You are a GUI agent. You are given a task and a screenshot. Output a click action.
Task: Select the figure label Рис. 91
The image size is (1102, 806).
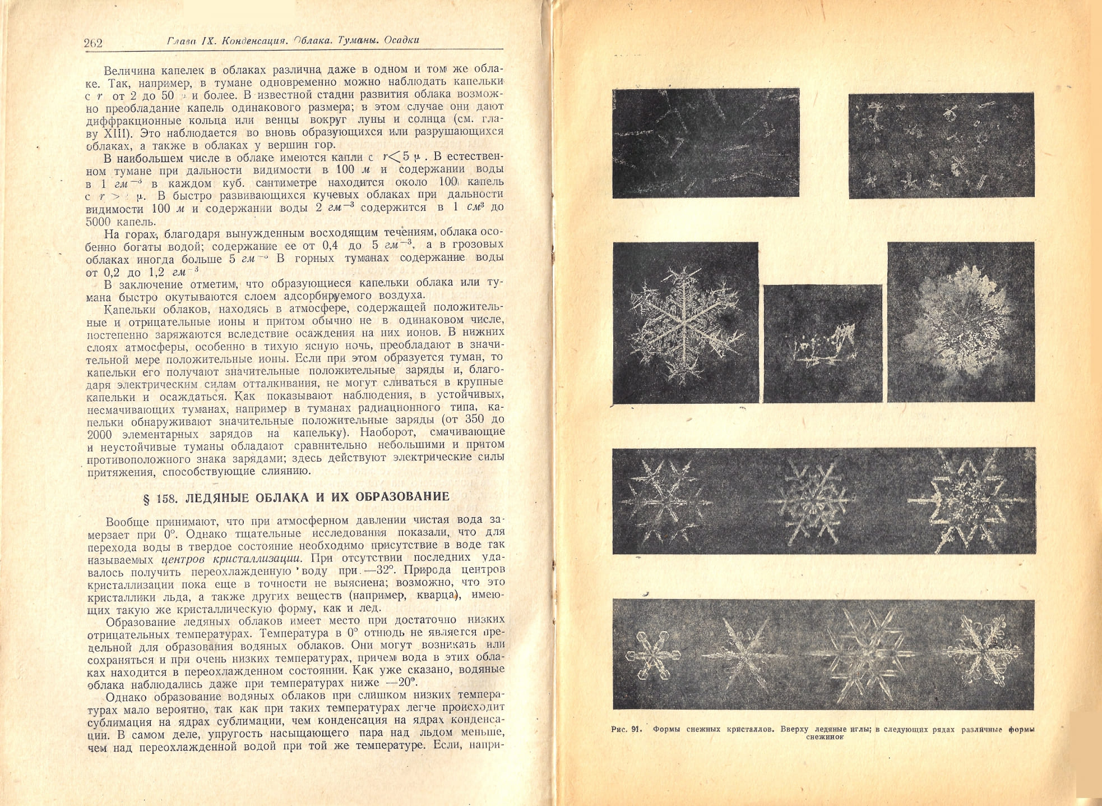(626, 729)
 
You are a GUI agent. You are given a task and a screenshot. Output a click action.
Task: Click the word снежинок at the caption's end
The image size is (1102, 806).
(825, 737)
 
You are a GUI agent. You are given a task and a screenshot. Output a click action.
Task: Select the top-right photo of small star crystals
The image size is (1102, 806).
(941, 145)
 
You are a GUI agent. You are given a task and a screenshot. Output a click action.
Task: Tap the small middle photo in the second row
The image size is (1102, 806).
(822, 343)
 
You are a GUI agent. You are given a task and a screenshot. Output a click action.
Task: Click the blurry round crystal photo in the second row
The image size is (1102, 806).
(960, 322)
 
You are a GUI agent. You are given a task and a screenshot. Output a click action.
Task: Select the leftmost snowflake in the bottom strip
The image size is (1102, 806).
(652, 655)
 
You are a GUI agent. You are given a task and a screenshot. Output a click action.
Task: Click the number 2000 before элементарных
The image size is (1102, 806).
(100, 434)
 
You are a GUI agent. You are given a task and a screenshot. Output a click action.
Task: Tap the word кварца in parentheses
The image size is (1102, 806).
(436, 596)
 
